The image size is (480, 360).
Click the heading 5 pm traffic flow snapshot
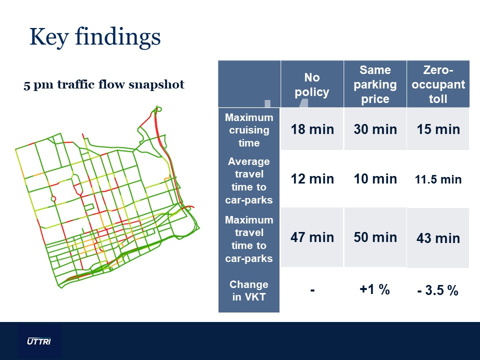point(104,85)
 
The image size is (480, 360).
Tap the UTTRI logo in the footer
point(39,341)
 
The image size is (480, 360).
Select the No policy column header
point(312,84)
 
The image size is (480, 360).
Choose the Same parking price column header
point(375,84)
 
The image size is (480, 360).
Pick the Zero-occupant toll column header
point(438,84)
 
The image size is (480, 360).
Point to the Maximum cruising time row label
point(249,130)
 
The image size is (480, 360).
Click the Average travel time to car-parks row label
point(249,180)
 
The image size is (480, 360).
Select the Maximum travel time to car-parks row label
point(249,239)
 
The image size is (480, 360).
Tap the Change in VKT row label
point(249,290)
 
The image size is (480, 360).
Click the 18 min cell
point(312,129)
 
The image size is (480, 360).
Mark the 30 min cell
point(375,129)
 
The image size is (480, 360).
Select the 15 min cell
point(438,129)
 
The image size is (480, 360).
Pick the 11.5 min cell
point(438,179)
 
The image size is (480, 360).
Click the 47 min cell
point(312,237)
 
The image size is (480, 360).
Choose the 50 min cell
point(375,237)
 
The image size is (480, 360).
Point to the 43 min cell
point(438,238)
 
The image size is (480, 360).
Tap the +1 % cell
point(374,289)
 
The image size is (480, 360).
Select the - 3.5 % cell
point(438,290)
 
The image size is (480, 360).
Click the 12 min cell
point(312,179)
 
